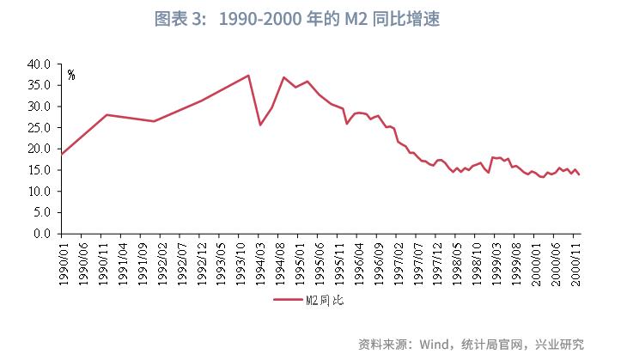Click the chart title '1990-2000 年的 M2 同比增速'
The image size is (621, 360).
pos(310,20)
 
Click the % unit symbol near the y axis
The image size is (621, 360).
pos(70,75)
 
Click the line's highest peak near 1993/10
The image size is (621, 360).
pos(248,76)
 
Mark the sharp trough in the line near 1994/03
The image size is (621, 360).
pos(260,125)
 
